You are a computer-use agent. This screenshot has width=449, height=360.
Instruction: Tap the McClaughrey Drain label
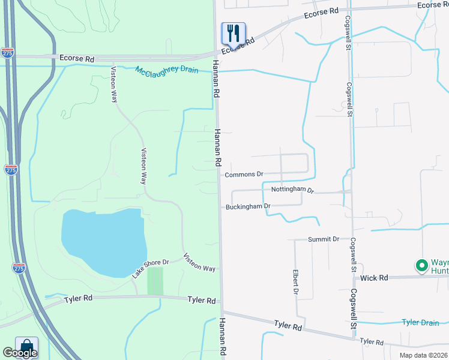[166, 70]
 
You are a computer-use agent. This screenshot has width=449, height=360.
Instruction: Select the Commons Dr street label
[244, 175]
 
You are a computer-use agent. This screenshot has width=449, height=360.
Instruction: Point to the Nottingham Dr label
[292, 190]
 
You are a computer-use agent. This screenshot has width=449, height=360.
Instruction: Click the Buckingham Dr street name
[249, 206]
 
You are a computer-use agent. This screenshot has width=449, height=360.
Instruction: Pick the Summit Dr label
[324, 239]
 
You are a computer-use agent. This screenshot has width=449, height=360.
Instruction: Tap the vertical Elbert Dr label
[295, 281]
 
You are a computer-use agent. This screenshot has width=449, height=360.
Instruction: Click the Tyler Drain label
[420, 323]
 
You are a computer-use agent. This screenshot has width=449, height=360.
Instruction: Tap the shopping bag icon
[26, 347]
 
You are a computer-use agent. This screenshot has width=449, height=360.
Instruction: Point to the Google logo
[20, 353]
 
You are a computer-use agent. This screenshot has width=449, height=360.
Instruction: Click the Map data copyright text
[424, 355]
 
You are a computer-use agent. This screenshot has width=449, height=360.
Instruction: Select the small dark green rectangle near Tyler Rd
[155, 281]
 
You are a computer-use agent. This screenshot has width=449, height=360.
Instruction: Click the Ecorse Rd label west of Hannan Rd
[77, 58]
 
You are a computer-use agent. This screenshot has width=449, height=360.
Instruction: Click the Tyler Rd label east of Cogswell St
[371, 341]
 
